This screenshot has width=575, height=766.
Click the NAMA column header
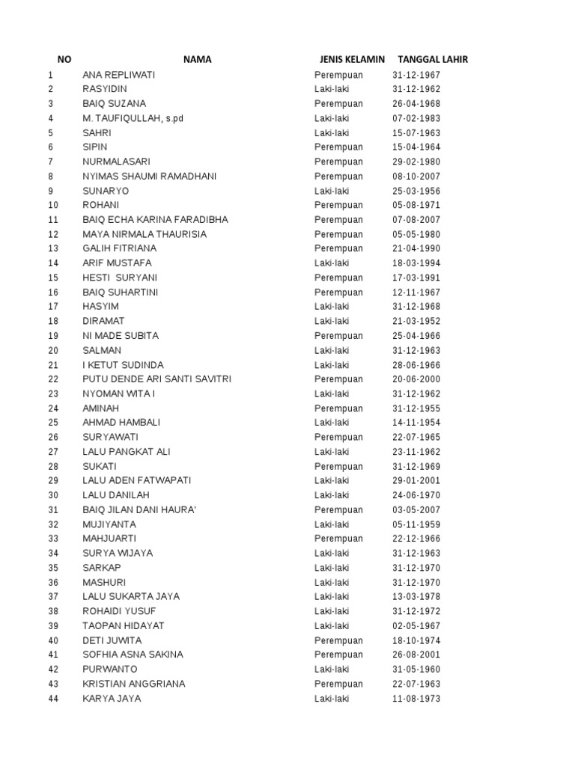click(198, 60)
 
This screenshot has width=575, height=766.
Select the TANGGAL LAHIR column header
click(433, 60)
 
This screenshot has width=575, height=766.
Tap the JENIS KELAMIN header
click(352, 60)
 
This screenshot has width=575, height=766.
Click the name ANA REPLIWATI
click(119, 75)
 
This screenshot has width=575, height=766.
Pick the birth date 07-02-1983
click(416, 118)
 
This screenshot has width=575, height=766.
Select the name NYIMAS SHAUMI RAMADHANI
click(150, 177)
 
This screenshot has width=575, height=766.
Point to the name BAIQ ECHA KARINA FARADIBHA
click(155, 220)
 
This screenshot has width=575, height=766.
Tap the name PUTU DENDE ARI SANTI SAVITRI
click(156, 379)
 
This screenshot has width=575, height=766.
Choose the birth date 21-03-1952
click(416, 321)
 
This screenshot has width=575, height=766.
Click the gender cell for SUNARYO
click(331, 191)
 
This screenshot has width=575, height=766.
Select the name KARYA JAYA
click(112, 699)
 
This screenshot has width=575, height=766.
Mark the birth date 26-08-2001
click(416, 655)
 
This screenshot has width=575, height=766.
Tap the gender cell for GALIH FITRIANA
click(338, 248)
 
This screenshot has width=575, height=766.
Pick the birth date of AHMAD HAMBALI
click(416, 423)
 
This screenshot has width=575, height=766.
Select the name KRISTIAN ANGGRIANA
click(134, 684)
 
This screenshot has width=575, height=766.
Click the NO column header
click(64, 60)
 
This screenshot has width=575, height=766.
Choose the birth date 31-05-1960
click(416, 670)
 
